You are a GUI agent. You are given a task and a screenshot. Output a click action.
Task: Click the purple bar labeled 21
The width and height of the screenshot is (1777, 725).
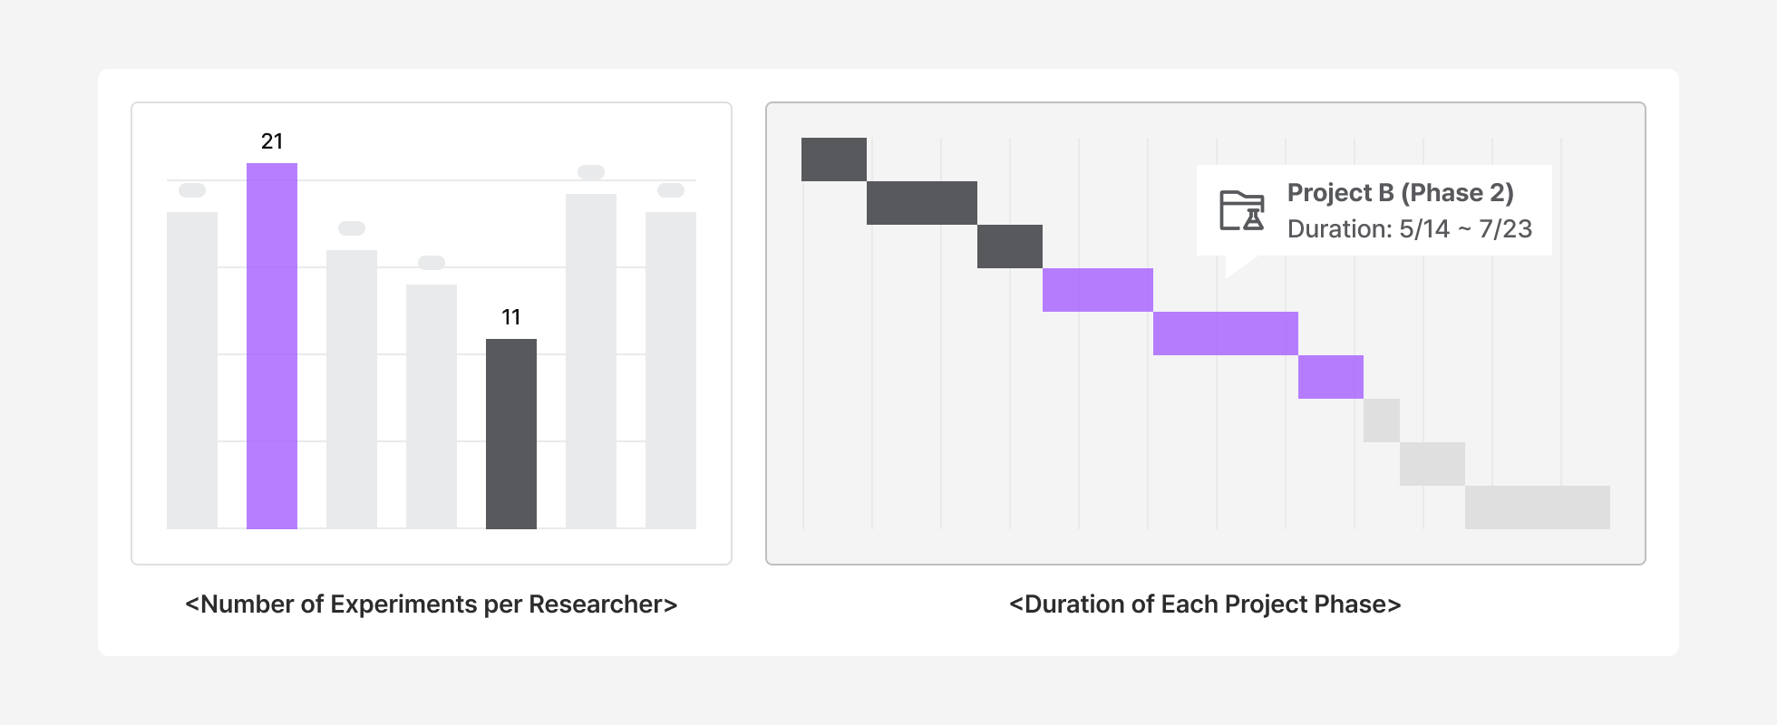coord(272,345)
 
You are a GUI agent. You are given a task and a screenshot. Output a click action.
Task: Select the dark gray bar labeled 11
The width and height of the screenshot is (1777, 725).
coord(511,433)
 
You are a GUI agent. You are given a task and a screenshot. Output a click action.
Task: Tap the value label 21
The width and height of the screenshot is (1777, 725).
coord(272,141)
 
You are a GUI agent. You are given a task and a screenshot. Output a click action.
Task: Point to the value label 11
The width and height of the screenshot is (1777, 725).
coord(511,317)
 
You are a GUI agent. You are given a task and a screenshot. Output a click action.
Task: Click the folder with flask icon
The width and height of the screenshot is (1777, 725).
coord(1241,210)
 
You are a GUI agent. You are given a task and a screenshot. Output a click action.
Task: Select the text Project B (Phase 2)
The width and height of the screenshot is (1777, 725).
coord(1400,193)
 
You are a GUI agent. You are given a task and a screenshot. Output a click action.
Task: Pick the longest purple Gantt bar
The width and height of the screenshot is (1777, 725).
coord(1225,333)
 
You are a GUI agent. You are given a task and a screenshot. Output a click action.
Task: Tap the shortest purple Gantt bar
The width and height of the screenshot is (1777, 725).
coord(1330,377)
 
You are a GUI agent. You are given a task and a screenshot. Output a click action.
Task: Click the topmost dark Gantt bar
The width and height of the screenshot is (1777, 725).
coord(834,159)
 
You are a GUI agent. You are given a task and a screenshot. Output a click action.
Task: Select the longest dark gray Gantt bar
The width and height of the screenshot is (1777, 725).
coord(921,203)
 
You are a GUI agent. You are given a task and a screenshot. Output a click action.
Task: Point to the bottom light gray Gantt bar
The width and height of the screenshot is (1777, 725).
coord(1537,507)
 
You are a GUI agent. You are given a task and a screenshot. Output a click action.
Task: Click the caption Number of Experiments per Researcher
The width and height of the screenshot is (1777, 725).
coord(431,604)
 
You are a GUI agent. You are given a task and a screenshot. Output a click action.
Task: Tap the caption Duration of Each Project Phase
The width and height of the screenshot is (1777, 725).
coord(1205,604)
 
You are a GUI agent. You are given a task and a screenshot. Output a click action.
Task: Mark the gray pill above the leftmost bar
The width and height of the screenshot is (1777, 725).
coord(192,190)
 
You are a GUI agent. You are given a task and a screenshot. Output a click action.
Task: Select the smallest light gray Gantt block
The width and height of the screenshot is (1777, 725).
coord(1382,420)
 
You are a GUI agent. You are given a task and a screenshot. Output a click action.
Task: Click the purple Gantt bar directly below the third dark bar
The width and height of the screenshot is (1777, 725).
coord(1097,290)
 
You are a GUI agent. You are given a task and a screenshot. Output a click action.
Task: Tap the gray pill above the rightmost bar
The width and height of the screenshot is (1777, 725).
coord(671,190)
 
